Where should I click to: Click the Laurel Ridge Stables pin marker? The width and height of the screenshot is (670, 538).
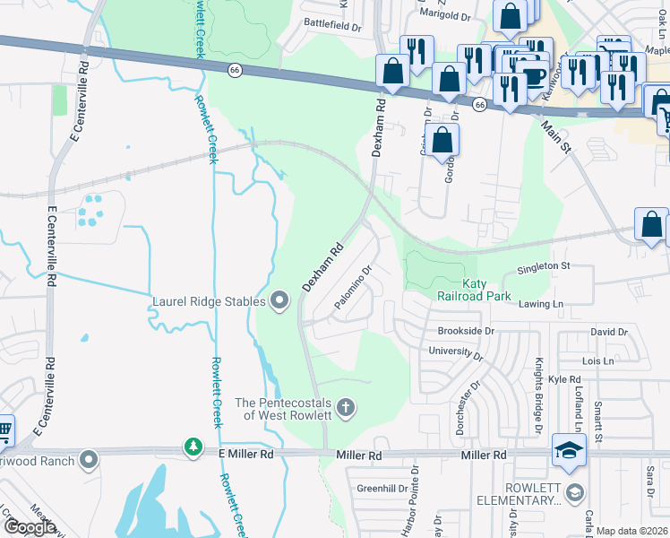pos(280,301)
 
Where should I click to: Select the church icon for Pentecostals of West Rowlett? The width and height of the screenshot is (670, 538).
pos(347,408)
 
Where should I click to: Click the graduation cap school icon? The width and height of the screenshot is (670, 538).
pos(569,450)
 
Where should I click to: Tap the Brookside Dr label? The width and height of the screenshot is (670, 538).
pos(466,331)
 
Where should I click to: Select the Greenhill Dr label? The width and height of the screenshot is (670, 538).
pos(382,489)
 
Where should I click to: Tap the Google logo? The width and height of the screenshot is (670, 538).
pos(30,527)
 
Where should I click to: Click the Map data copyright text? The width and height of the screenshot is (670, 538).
pos(632,531)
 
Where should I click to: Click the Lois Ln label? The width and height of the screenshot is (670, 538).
pos(597,360)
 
